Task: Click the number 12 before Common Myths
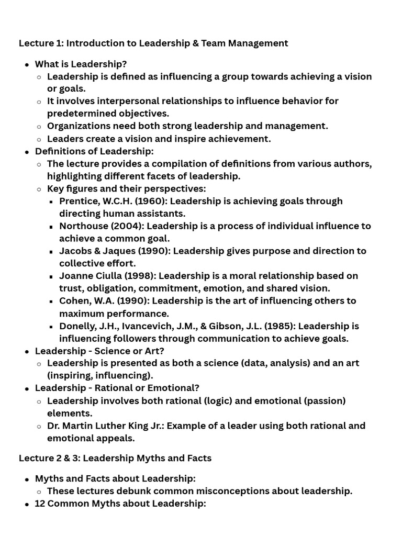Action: click(x=40, y=504)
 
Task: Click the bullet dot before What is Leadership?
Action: click(x=27, y=64)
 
